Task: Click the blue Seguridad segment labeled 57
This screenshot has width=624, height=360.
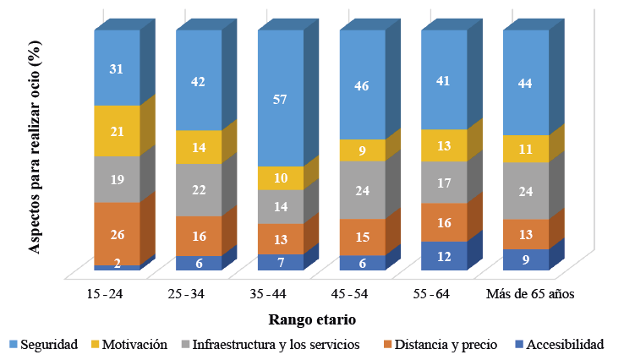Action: pyautogui.click(x=280, y=98)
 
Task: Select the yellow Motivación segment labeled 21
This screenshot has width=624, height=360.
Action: pyautogui.click(x=117, y=131)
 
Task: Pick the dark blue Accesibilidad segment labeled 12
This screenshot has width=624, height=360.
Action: pyautogui.click(x=444, y=256)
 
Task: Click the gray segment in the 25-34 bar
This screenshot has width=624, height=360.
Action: pyautogui.click(x=199, y=190)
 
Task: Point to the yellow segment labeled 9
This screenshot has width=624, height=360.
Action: pyautogui.click(x=362, y=150)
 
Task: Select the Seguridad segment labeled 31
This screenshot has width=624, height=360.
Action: pyautogui.click(x=117, y=68)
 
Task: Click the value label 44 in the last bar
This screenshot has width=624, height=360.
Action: pyautogui.click(x=526, y=83)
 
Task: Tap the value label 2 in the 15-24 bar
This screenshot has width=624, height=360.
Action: pyautogui.click(x=117, y=264)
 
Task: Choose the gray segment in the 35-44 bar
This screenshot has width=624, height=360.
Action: pyautogui.click(x=280, y=206)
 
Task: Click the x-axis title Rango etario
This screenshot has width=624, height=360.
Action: pyautogui.click(x=312, y=319)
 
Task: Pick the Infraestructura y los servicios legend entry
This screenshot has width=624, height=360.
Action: pyautogui.click(x=271, y=344)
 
